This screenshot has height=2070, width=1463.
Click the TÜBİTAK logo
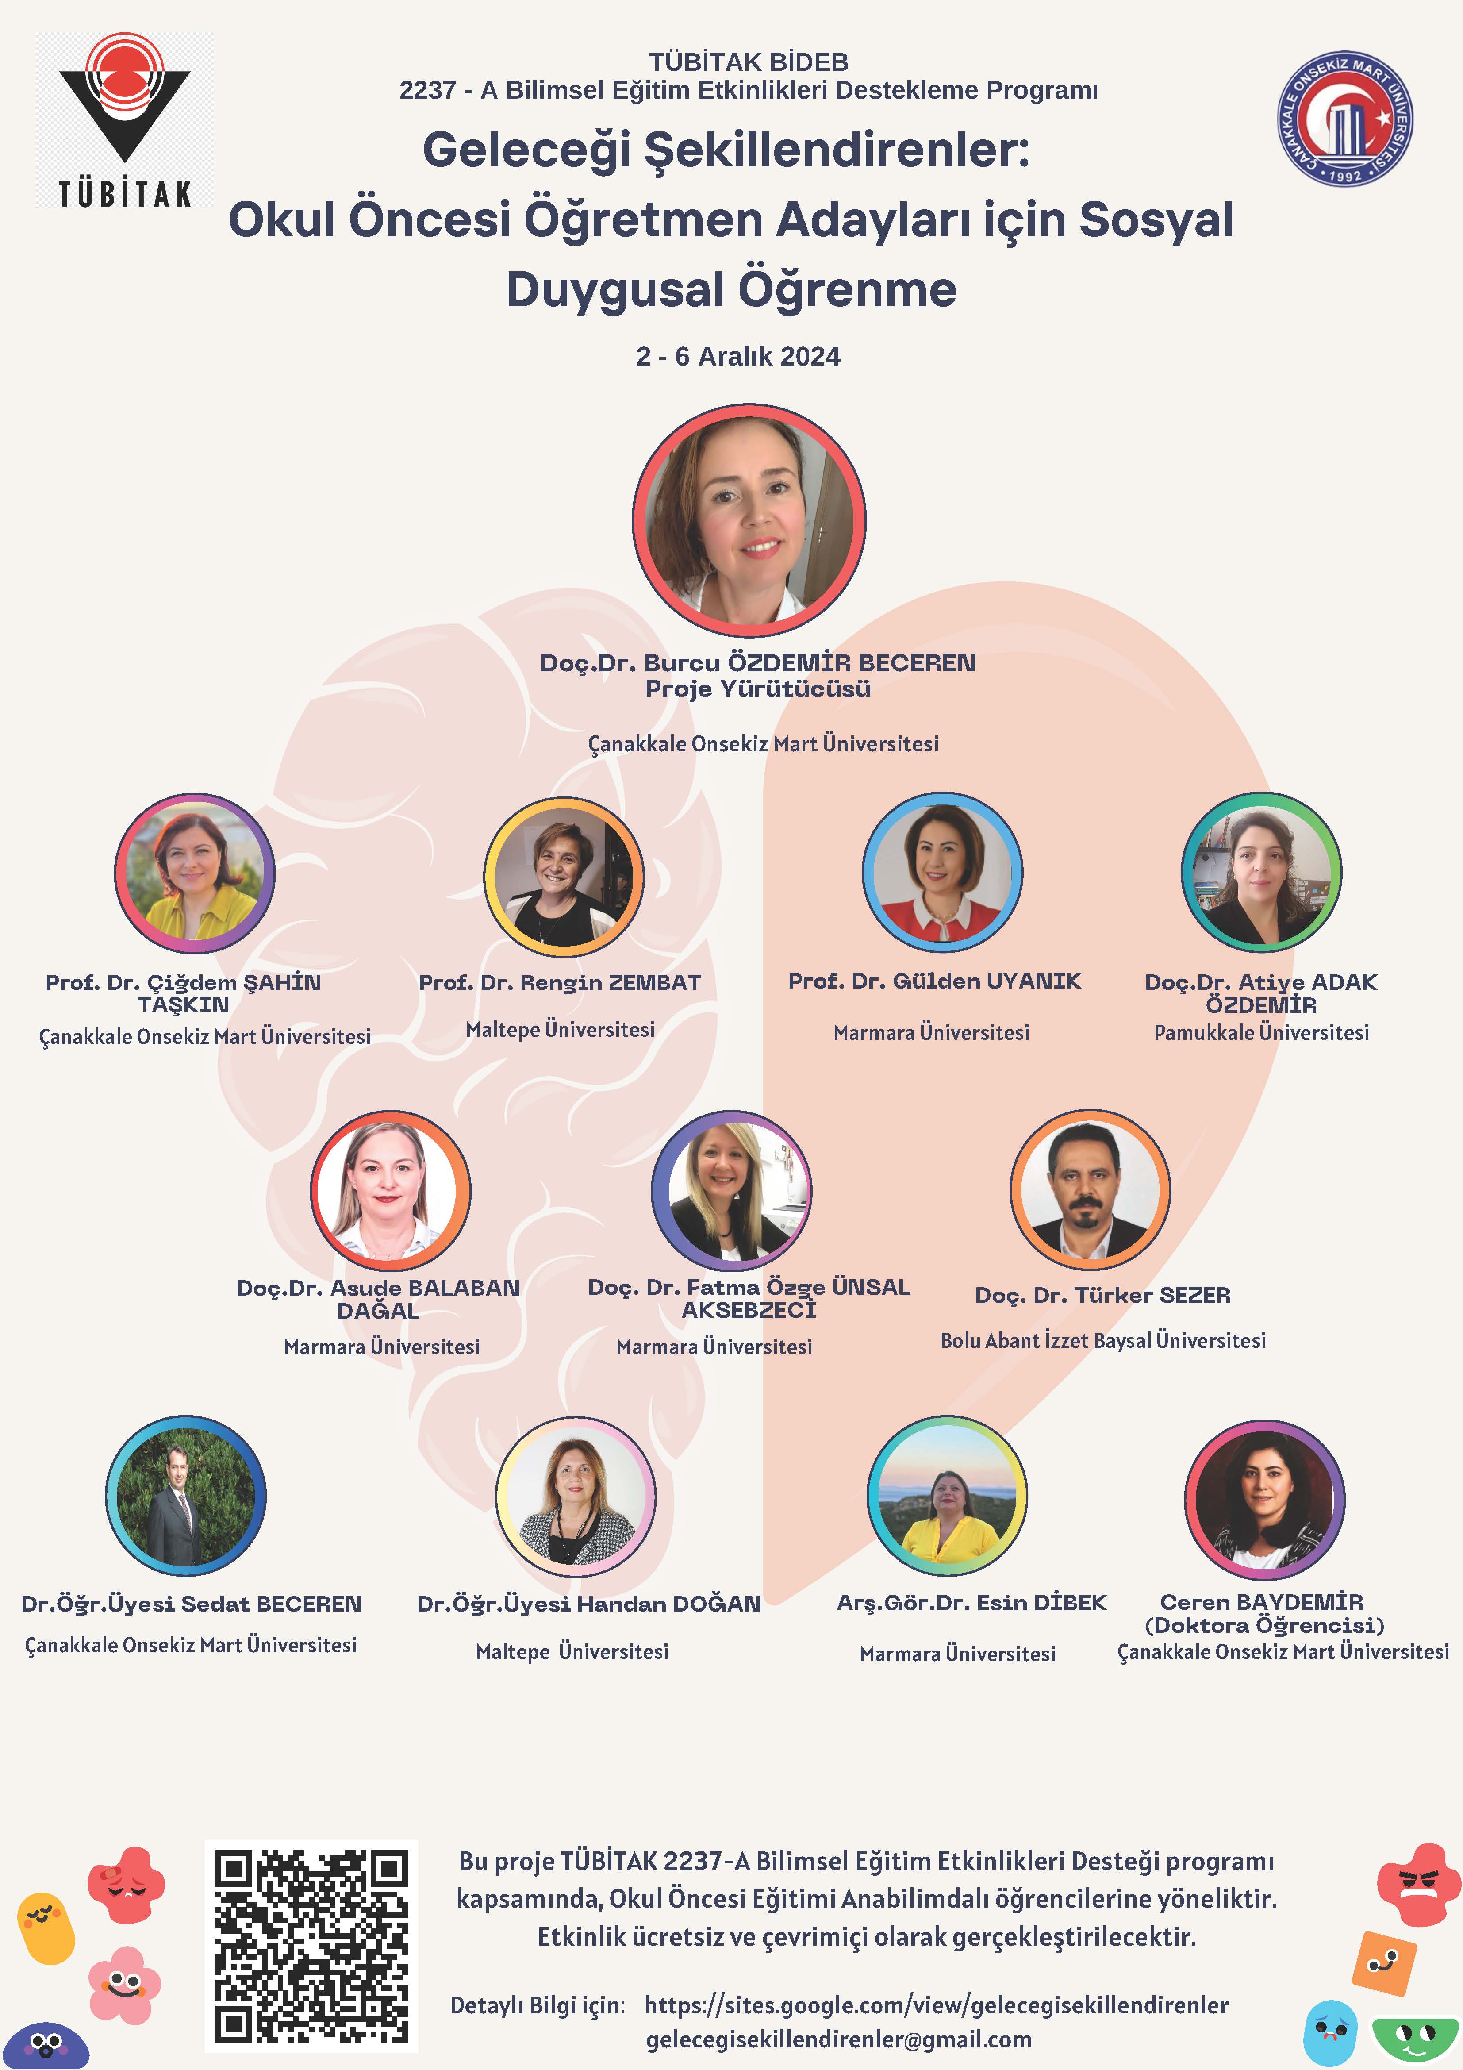coord(124,120)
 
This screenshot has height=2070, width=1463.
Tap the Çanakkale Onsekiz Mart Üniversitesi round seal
coord(1345,118)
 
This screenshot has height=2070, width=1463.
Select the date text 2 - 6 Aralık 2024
coord(737,357)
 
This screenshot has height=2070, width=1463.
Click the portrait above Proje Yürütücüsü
coord(749,520)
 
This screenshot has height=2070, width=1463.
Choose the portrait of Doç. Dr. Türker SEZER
coord(1090,1189)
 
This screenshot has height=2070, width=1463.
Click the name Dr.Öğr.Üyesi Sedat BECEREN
coord(191,1604)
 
